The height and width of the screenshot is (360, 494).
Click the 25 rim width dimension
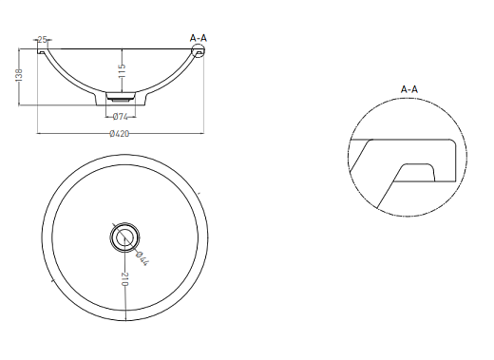point(43,40)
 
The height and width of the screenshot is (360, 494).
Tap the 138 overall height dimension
point(19,75)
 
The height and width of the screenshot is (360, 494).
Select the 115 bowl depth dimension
point(122,70)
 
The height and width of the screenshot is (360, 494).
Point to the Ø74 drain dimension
point(121,117)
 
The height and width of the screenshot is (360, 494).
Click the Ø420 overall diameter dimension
point(120,134)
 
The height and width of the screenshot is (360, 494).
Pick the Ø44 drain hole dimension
point(142,258)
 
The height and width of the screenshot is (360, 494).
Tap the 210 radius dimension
point(125,279)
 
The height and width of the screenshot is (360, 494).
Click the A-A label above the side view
point(199,38)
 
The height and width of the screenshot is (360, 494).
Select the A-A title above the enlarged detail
point(409,89)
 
